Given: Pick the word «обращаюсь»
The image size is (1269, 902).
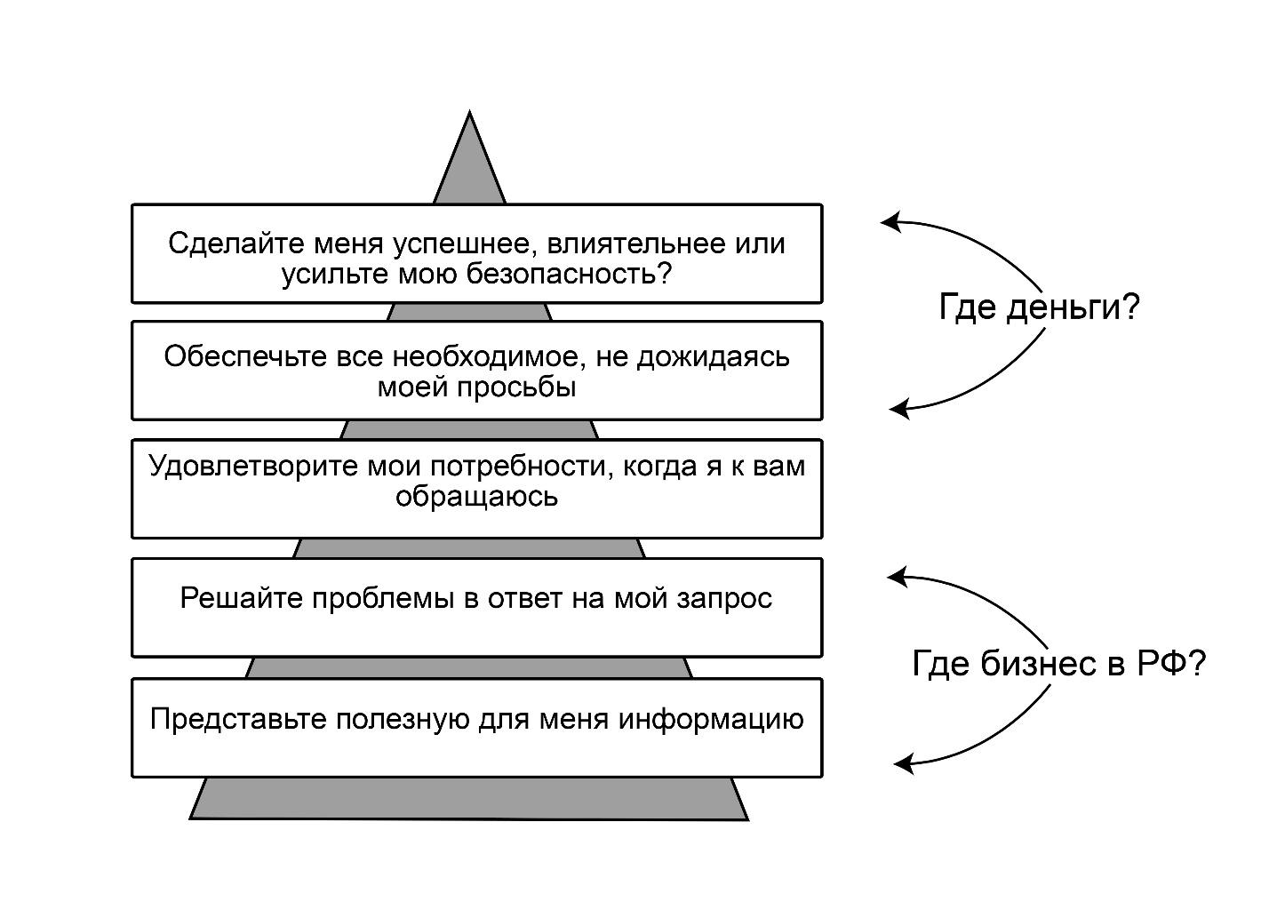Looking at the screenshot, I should coord(476,496).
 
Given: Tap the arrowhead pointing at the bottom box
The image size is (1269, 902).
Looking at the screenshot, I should coord(902,763).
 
